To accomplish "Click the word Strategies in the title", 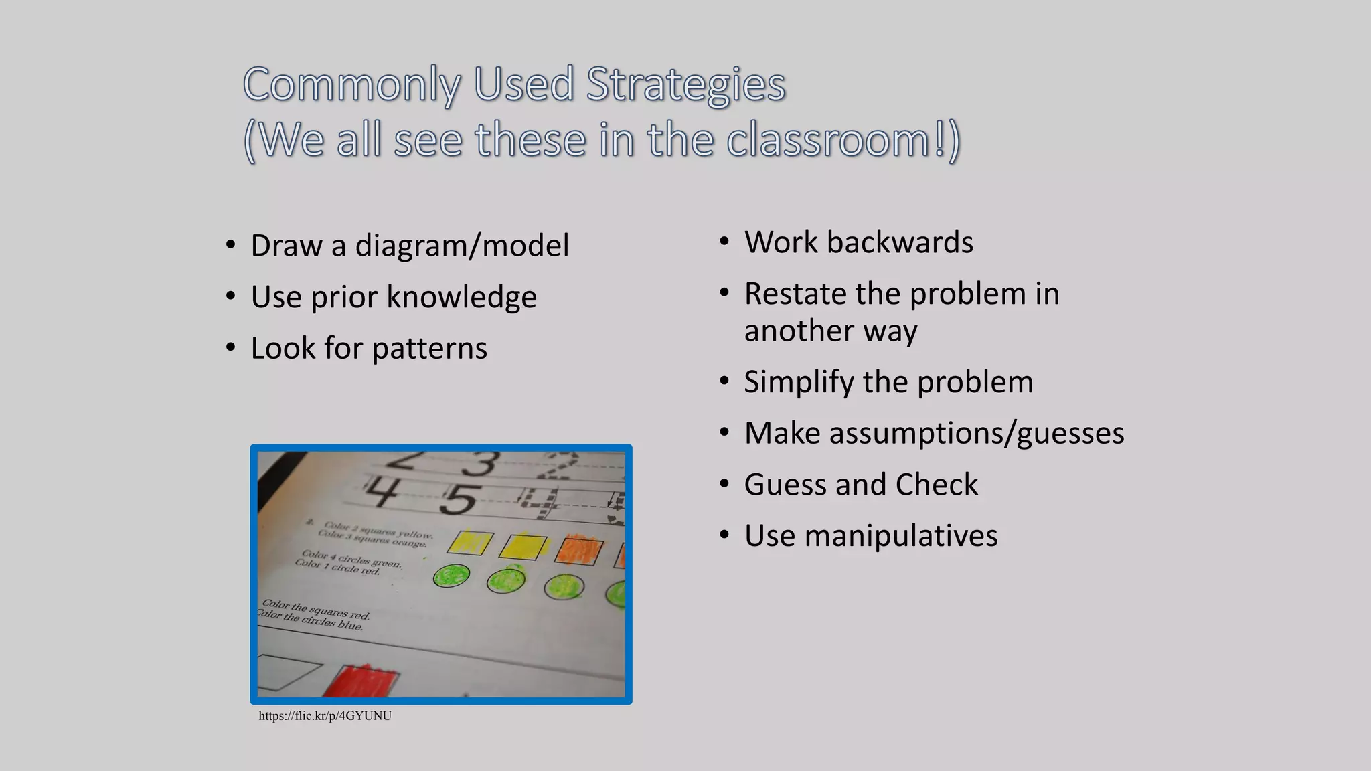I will pos(685,85).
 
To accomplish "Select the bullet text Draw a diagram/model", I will pos(410,245).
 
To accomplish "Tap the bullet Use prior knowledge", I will pos(394,296).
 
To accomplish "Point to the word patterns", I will pos(429,348).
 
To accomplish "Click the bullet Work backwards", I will pos(858,242).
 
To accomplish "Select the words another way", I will pos(830,331).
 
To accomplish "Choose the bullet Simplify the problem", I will pos(888,381).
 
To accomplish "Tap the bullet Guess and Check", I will pos(861,485).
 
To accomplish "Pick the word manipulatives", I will pos(900,535).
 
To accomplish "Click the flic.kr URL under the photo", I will pos(325,716).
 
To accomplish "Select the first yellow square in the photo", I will pos(471,543).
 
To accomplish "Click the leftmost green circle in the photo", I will pos(451,576).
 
